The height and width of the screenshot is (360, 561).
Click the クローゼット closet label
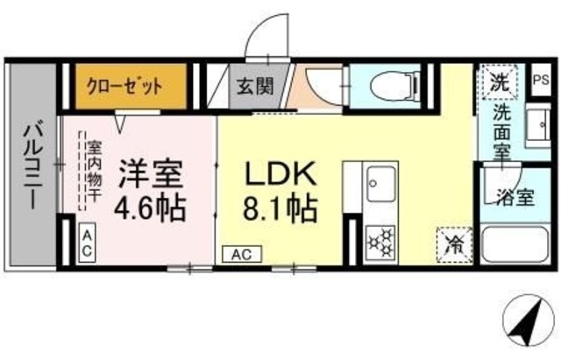pyautogui.click(x=124, y=87)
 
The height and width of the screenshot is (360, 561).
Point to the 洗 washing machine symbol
pyautogui.click(x=499, y=84)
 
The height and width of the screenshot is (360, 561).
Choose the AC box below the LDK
pyautogui.click(x=242, y=255)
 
